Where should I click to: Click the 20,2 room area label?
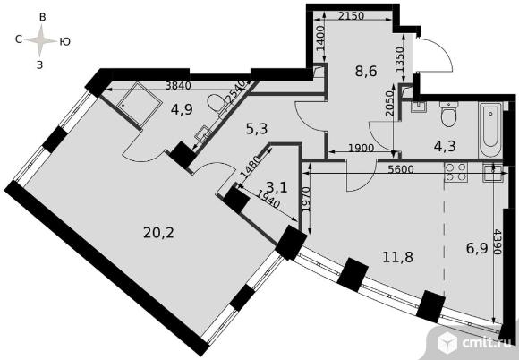point(158,233)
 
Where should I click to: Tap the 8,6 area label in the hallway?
point(366,71)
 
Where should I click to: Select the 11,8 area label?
point(397,257)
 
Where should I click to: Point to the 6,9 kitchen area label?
point(477,248)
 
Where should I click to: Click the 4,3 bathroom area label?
point(446,146)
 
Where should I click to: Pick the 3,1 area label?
point(277,188)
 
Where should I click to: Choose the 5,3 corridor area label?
point(257,129)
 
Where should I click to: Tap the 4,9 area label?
point(182,109)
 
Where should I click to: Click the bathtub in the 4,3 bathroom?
point(490,130)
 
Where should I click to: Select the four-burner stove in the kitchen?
point(455,173)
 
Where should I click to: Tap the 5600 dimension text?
point(401,169)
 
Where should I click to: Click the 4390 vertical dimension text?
point(497,242)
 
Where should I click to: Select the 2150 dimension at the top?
point(351,15)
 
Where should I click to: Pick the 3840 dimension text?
point(178,85)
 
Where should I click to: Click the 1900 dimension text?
point(362,148)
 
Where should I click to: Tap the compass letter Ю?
point(65,41)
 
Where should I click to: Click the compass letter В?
point(42,17)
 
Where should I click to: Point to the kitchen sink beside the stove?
point(493,173)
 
